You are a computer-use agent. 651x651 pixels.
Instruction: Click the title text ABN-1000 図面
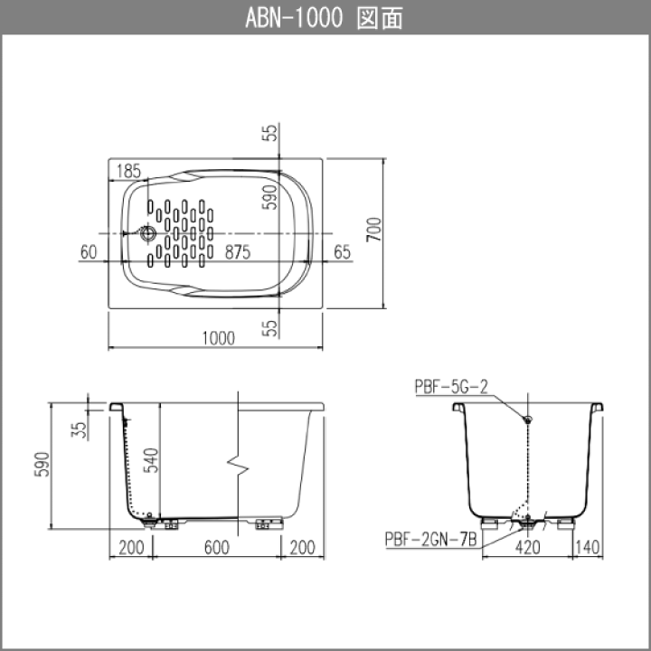[325, 18]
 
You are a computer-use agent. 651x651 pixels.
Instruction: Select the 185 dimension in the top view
[128, 171]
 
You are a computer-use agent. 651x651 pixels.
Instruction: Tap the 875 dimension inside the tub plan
[238, 252]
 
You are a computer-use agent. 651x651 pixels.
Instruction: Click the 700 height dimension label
[373, 229]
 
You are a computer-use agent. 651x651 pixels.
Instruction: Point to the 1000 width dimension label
[219, 338]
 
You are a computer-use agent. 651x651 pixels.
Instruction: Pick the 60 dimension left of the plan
[89, 252]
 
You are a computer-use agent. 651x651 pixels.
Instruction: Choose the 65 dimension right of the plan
[342, 252]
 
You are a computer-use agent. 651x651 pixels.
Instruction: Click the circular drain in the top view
[147, 233]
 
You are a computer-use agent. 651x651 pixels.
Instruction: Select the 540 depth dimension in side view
[151, 460]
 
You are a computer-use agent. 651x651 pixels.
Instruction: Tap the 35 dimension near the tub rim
[79, 430]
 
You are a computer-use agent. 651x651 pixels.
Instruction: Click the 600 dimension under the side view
[217, 548]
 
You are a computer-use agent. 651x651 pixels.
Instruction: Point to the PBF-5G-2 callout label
[451, 387]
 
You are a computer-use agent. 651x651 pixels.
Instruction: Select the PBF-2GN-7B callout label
[431, 539]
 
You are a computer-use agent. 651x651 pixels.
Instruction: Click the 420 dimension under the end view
[528, 548]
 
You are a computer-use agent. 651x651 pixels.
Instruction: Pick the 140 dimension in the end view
[588, 548]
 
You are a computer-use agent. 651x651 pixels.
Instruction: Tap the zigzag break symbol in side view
[238, 466]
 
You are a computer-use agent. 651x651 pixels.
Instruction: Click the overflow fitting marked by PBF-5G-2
[528, 420]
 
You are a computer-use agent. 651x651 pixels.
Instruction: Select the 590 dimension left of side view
[42, 465]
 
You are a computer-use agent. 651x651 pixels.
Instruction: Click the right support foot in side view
[269, 524]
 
